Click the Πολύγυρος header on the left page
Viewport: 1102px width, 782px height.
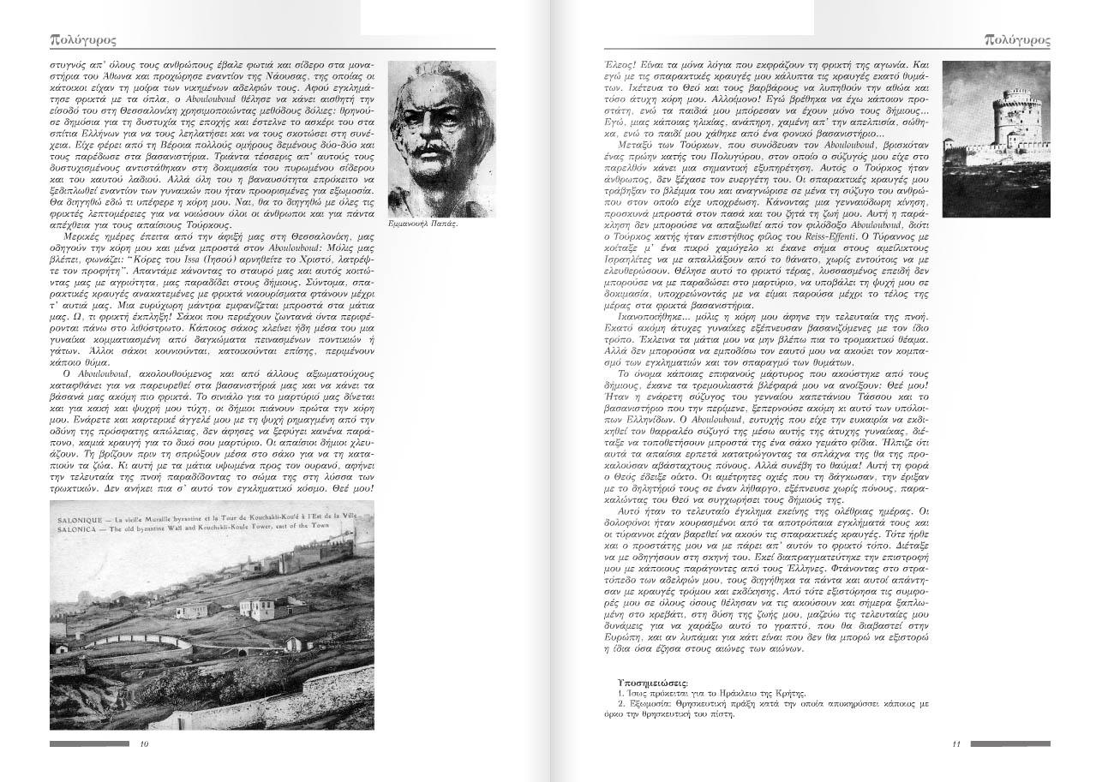tap(83, 39)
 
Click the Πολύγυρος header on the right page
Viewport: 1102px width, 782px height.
tap(1018, 39)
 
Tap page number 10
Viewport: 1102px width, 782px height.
tap(143, 743)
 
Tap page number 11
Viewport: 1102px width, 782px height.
tap(956, 743)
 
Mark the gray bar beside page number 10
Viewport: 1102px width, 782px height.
tap(89, 743)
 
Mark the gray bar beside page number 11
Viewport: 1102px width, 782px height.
tap(1010, 743)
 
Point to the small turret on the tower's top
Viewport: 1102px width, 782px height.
tap(1017, 93)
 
